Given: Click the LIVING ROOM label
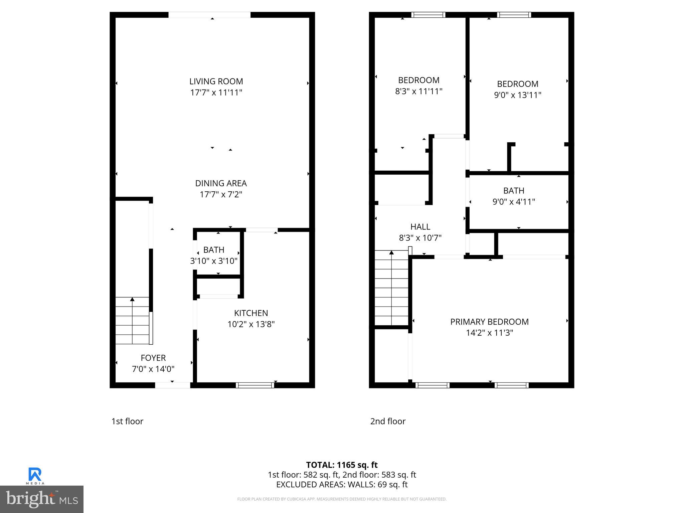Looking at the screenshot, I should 216,81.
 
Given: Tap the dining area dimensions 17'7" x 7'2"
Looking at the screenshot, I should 221,194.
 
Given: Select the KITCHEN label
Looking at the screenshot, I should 251,313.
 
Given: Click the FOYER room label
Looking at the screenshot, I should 153,358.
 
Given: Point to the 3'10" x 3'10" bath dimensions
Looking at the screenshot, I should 214,261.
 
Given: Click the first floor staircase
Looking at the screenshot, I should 133,321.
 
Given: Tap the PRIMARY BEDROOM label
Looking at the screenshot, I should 489,322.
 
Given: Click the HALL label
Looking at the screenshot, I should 420,227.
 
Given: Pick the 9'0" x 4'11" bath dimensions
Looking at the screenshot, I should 514,202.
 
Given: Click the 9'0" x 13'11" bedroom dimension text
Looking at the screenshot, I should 517,95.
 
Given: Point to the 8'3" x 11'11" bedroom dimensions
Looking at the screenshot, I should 418,91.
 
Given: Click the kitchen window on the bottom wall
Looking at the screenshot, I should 255,385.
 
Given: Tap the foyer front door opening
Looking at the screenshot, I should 173,385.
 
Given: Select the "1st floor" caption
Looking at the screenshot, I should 127,421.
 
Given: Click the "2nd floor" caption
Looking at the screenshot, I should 388,421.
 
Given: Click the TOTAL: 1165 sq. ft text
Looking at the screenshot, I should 342,465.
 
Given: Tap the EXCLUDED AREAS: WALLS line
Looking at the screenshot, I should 342,484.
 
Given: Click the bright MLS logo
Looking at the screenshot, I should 42,499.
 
